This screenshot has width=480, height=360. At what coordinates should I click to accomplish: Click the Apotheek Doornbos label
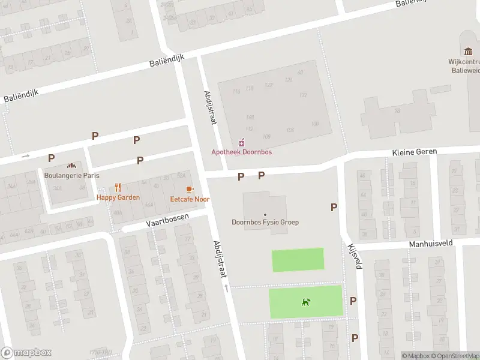[x=241, y=152]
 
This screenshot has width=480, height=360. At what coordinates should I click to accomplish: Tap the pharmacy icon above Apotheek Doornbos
[x=242, y=142]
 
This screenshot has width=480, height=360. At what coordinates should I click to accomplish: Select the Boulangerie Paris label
[x=71, y=175]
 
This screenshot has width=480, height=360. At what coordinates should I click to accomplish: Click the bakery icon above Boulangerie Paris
[x=71, y=166]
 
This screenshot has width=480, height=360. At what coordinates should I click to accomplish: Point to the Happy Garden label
[x=118, y=197]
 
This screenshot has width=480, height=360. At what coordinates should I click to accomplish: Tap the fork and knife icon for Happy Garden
[x=118, y=187]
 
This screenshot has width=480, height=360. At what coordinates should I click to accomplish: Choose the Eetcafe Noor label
[x=190, y=199]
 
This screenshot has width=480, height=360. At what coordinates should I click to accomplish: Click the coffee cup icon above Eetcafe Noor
[x=190, y=189]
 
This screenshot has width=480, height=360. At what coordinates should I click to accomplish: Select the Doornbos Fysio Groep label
[x=265, y=223]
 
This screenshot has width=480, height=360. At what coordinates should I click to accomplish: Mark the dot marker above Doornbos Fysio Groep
[x=265, y=214]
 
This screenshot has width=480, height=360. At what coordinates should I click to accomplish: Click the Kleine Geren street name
[x=415, y=152]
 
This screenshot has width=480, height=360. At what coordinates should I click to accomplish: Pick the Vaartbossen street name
[x=167, y=220]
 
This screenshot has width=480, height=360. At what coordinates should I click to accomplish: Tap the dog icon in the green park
[x=306, y=302]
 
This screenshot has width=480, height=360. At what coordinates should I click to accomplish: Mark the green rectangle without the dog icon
[x=298, y=260]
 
